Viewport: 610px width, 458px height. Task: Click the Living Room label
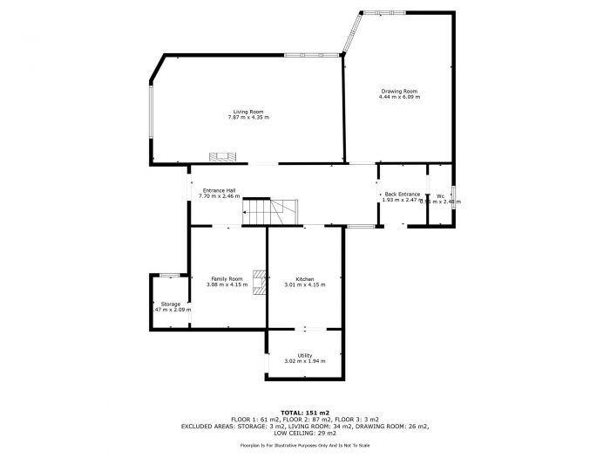click(248, 112)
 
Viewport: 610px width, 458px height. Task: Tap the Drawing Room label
click(399, 91)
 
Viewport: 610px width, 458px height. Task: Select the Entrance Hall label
click(219, 190)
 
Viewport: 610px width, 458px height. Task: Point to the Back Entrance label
click(403, 194)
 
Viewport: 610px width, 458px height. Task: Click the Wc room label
click(440, 195)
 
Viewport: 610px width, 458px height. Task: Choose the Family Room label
click(226, 278)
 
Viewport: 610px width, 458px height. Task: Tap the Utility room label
click(304, 355)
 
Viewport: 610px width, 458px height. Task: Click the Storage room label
click(170, 304)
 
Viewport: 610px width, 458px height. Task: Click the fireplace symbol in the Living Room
click(221, 156)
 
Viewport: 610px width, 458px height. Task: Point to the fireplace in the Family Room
click(259, 282)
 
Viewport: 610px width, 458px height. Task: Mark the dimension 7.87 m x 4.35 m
click(248, 117)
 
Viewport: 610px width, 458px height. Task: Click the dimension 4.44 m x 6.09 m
click(399, 96)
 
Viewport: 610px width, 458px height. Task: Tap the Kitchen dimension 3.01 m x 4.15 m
click(304, 284)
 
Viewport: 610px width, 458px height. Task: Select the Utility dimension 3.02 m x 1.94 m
click(304, 361)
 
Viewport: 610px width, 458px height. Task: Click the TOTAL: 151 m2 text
click(304, 411)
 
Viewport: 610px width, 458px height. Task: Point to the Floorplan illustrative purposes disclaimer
click(304, 445)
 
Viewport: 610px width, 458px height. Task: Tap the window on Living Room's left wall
click(152, 122)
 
